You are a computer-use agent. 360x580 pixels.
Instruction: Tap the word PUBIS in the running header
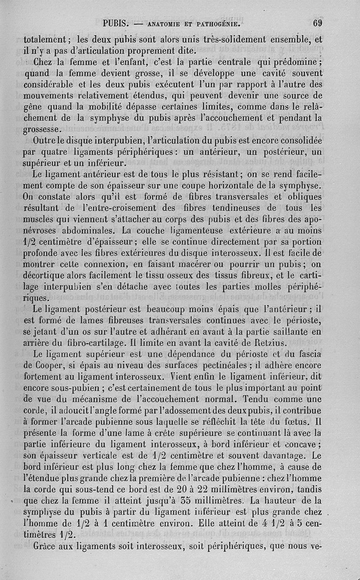tap(116, 23)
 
